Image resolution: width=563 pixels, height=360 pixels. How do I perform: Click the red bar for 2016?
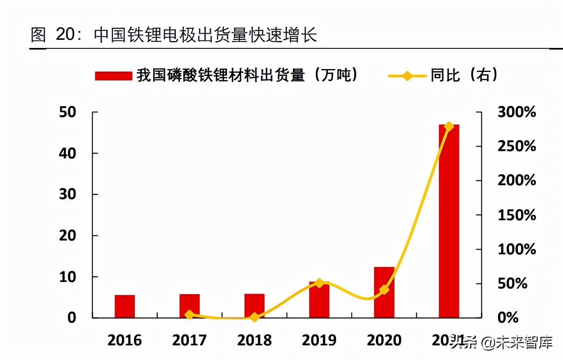[x=125, y=306]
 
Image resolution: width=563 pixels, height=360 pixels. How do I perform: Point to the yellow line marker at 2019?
[x=319, y=283]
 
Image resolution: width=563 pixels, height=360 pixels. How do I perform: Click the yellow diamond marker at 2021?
[x=449, y=126]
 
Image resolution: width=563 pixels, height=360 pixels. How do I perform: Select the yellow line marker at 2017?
[x=189, y=314]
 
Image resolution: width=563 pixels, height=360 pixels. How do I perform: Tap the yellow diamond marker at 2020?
[x=384, y=290]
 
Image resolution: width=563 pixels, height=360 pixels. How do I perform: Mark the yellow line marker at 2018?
[x=254, y=317]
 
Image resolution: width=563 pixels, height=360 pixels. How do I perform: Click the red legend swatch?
[x=113, y=76]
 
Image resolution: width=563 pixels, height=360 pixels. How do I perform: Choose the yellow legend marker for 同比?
[x=407, y=76]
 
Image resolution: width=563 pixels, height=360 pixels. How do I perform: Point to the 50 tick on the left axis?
[x=67, y=112]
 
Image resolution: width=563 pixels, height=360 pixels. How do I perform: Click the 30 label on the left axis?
[x=67, y=194]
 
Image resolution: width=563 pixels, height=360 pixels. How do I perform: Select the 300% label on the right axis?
[x=517, y=112]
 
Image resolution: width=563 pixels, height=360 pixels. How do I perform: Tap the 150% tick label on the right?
[x=517, y=215]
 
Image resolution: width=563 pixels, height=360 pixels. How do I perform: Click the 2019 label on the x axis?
[x=319, y=340]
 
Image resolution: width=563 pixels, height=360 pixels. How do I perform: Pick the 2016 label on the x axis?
[x=125, y=340]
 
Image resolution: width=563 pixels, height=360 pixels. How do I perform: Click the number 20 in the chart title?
[x=65, y=35]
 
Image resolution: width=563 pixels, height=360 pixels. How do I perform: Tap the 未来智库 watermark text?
[x=524, y=343]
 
